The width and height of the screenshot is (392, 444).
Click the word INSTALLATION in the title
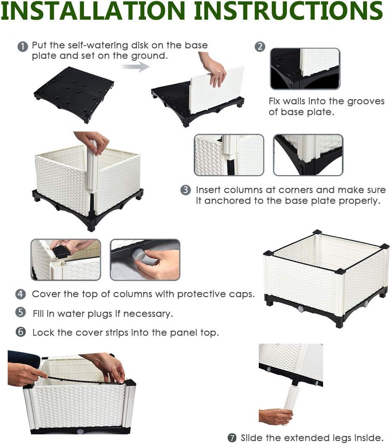(93, 10)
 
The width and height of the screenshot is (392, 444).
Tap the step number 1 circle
(23, 46)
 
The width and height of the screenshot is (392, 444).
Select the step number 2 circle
(260, 46)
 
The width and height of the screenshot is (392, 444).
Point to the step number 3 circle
(185, 190)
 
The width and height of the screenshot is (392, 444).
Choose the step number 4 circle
(20, 294)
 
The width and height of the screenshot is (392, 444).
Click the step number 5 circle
(20, 312)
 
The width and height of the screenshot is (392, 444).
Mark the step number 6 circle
(20, 332)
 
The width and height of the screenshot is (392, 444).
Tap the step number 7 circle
(232, 438)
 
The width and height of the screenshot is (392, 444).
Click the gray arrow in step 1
(136, 67)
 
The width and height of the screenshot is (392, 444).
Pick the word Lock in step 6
(43, 332)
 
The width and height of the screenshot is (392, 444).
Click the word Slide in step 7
(251, 437)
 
